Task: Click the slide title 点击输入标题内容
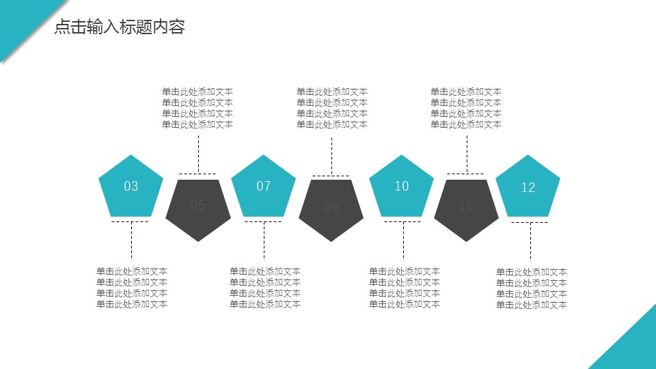pos(120,27)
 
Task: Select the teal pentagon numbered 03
pos(131,186)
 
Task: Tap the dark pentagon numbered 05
pos(198,206)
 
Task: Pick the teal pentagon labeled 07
pos(264,186)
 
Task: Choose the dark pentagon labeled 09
pos(331,208)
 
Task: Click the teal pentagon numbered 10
pos(402,186)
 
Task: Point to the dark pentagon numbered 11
pos(467,206)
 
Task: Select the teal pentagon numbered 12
pos(528,187)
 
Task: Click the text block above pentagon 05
pos(197,108)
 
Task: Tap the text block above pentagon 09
pos(332,108)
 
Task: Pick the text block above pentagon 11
pos(466,108)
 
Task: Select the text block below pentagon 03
pos(132,288)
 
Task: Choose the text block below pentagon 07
pos(265,288)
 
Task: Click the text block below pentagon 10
pos(405,288)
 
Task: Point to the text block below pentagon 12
pos(532,288)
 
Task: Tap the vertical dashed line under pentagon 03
pos(131,243)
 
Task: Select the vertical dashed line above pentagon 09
pos(331,156)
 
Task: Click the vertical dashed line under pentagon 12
pos(530,243)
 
